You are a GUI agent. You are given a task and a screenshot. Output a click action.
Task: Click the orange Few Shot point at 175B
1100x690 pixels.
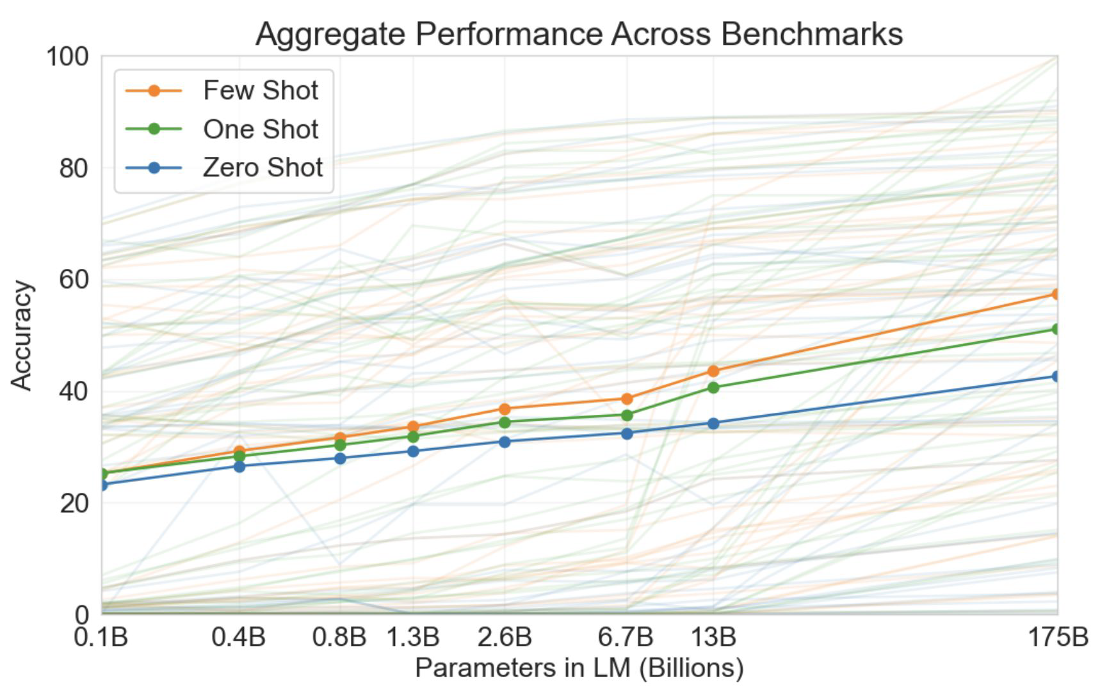pos(1056,294)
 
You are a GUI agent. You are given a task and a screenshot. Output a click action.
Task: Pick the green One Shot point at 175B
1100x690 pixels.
pos(1056,329)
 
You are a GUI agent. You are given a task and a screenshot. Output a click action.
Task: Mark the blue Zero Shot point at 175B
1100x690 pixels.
pos(1056,376)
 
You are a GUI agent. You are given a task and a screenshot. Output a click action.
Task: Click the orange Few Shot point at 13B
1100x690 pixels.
pos(713,371)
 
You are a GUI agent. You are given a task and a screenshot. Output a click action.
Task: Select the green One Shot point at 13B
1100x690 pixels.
pos(713,387)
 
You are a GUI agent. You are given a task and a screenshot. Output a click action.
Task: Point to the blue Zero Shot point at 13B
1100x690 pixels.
pos(713,423)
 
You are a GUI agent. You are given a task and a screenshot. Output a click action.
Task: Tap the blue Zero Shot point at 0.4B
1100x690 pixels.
pos(239,466)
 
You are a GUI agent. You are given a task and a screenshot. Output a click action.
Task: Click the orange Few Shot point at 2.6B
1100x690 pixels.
pos(505,409)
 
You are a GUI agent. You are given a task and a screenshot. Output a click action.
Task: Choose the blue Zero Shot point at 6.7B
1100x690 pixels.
pos(627,433)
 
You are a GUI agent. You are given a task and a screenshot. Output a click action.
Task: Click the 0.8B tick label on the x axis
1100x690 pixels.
pos(339,638)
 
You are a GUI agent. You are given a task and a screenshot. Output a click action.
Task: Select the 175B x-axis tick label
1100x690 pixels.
pos(1058,638)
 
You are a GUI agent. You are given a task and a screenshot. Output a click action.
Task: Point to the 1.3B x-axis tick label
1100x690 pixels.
pos(413,638)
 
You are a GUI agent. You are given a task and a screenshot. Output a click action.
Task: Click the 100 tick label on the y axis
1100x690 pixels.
pos(67,56)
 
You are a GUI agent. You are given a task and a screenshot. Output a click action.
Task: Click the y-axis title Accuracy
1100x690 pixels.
pos(22,335)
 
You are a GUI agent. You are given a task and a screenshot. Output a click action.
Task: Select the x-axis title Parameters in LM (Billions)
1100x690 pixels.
pos(579,668)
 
